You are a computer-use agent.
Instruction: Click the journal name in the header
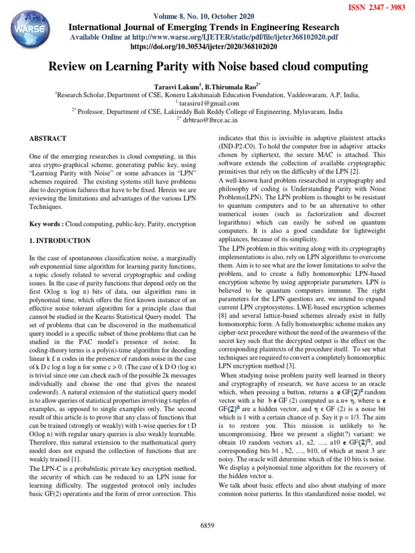click(x=203, y=27)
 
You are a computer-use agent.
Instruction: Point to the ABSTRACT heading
click(x=48, y=139)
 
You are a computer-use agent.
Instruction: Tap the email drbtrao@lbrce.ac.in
click(x=211, y=120)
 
